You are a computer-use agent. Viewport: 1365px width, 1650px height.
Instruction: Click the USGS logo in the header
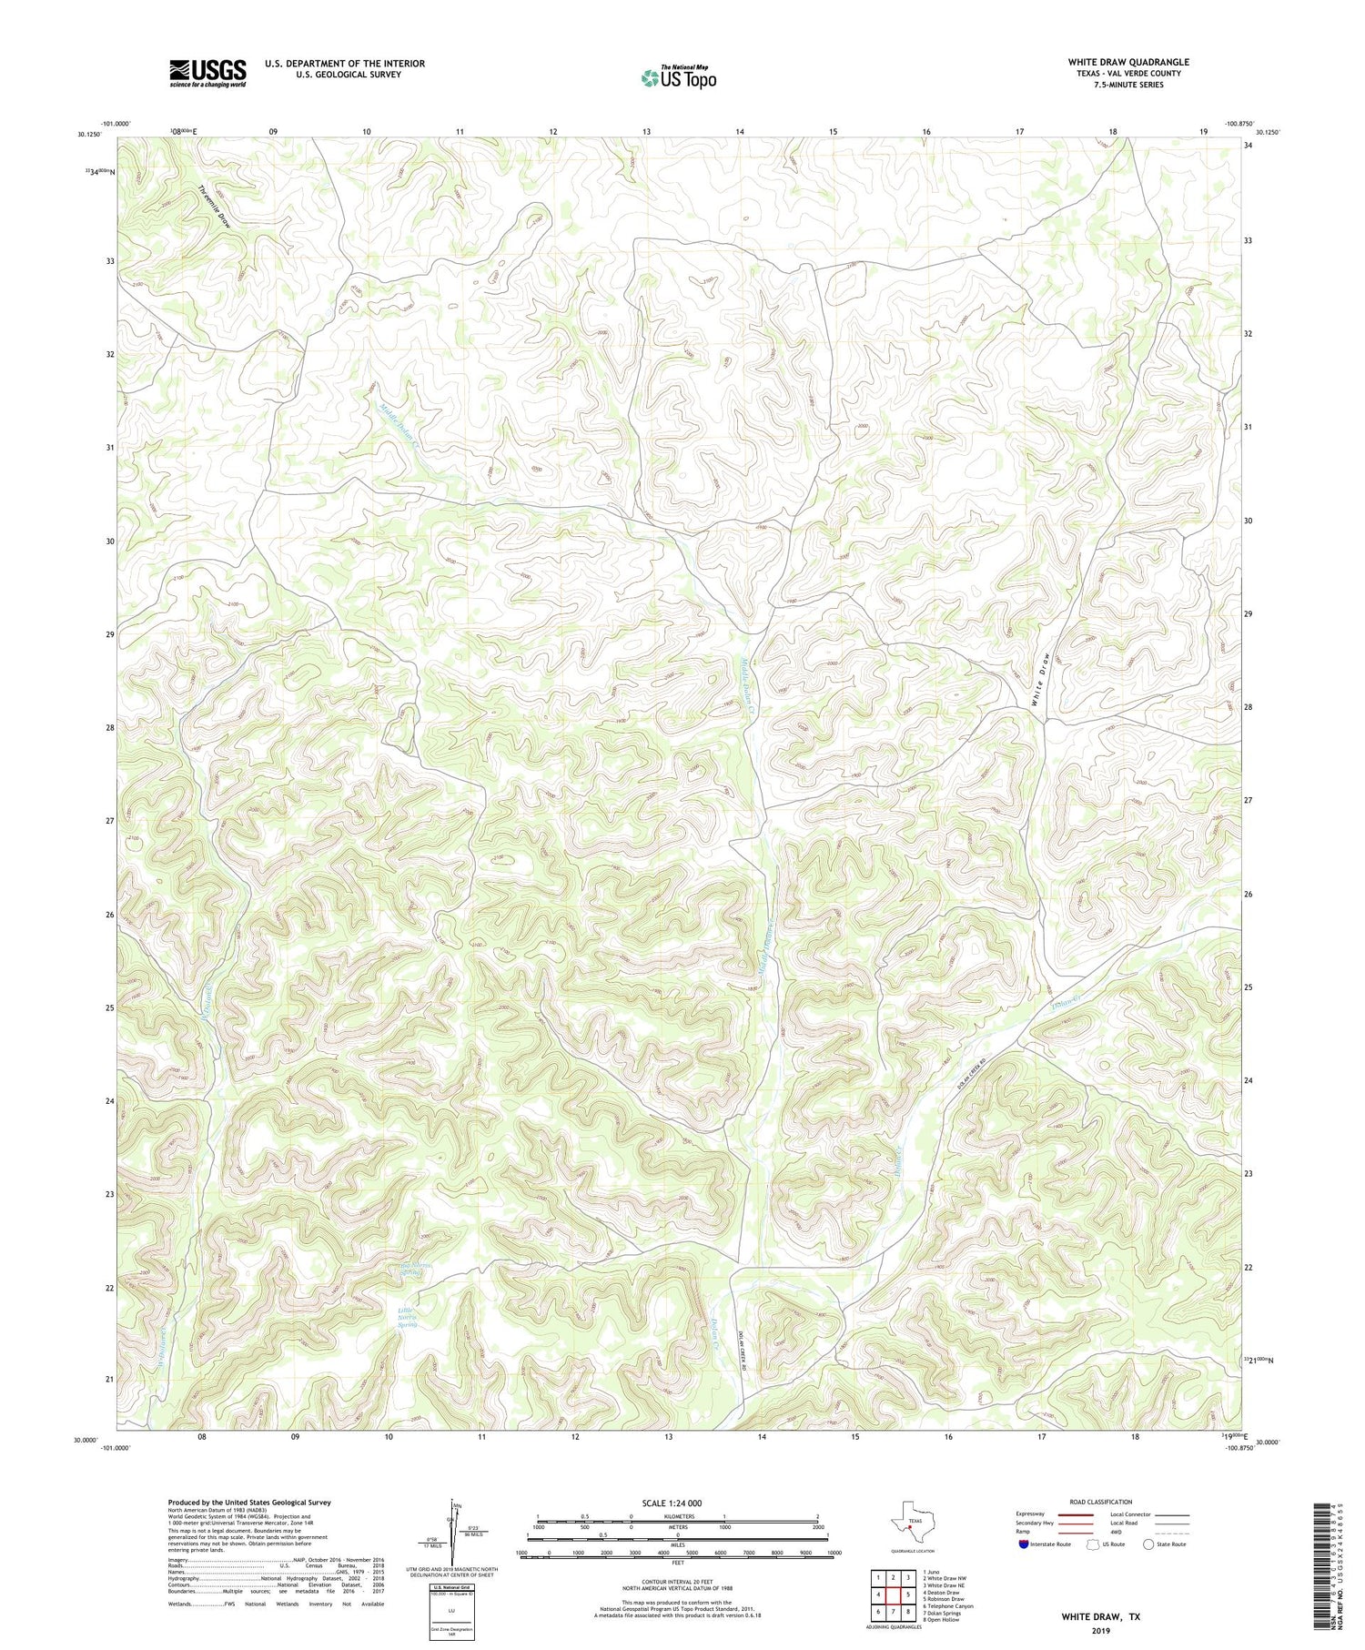click(x=207, y=73)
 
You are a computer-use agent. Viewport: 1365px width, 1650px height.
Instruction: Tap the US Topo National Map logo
click(x=677, y=77)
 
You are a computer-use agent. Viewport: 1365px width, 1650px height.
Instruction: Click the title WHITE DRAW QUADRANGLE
click(x=1128, y=62)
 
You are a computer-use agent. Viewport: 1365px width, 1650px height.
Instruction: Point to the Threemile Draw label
click(x=215, y=207)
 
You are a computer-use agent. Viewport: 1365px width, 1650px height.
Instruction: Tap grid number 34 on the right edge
click(x=1250, y=145)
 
